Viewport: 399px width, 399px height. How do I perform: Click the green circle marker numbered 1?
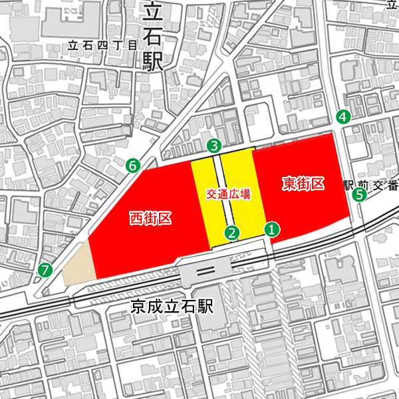click(272, 229)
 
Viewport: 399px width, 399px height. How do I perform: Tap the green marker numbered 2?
click(232, 232)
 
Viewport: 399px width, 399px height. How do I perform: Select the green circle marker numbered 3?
click(213, 145)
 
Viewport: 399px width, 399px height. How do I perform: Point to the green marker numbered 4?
click(343, 116)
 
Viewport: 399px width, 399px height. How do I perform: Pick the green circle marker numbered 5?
click(359, 195)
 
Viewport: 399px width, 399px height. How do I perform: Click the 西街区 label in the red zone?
click(150, 217)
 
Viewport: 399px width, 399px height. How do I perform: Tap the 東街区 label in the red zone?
click(303, 183)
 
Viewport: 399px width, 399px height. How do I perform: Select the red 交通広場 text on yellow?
click(228, 194)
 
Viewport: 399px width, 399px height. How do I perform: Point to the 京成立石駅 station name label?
click(172, 307)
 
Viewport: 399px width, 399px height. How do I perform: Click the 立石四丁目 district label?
click(102, 46)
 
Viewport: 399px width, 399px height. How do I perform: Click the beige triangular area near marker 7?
click(79, 266)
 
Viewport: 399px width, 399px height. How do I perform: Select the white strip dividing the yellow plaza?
click(217, 199)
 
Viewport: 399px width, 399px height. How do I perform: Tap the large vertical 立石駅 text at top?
click(153, 37)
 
